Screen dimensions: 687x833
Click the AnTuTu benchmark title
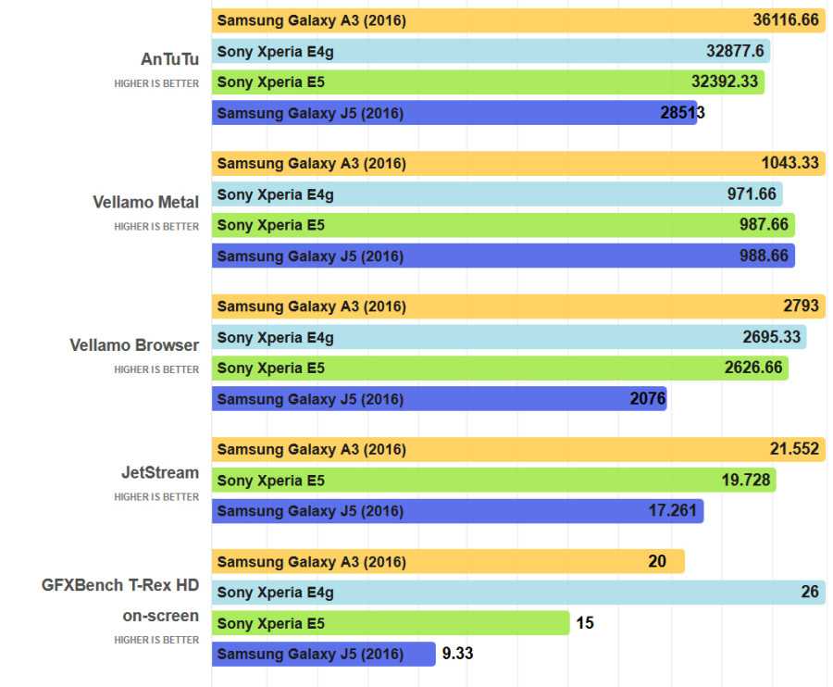[x=169, y=59]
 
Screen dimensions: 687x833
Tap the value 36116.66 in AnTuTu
[x=786, y=20]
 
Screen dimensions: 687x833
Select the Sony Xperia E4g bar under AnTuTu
[x=491, y=52]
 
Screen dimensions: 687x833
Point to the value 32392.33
[x=724, y=81]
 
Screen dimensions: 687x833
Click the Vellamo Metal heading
[x=145, y=202]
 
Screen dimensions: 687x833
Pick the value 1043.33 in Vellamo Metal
[x=789, y=163]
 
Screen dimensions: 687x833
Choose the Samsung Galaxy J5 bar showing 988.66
[x=503, y=256]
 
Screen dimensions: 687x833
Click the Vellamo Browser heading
[x=134, y=345]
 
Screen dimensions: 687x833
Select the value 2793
[x=801, y=306]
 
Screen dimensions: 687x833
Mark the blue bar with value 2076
[x=439, y=399]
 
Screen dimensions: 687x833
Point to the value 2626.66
[x=753, y=368]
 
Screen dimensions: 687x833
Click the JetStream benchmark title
[x=159, y=473]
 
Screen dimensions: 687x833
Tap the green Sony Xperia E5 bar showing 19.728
[x=493, y=481]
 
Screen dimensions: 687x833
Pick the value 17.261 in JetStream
[x=672, y=510]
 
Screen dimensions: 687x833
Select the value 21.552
[x=794, y=449]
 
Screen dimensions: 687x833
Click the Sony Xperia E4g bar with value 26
[x=518, y=593]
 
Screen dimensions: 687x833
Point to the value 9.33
[x=458, y=654]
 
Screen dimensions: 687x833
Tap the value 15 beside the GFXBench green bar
[x=585, y=623]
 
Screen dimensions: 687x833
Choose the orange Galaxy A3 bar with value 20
[x=448, y=561]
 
